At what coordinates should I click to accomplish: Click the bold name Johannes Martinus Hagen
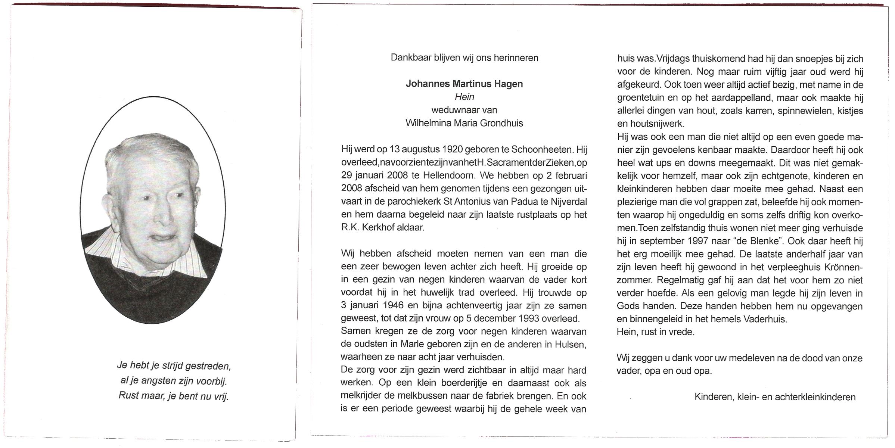[x=464, y=84]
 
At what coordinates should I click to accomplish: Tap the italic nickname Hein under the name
[x=464, y=97]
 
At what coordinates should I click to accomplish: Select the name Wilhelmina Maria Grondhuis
[x=464, y=123]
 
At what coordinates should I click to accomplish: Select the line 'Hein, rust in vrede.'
[x=656, y=332]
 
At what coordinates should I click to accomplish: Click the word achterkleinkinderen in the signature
[x=815, y=397]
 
